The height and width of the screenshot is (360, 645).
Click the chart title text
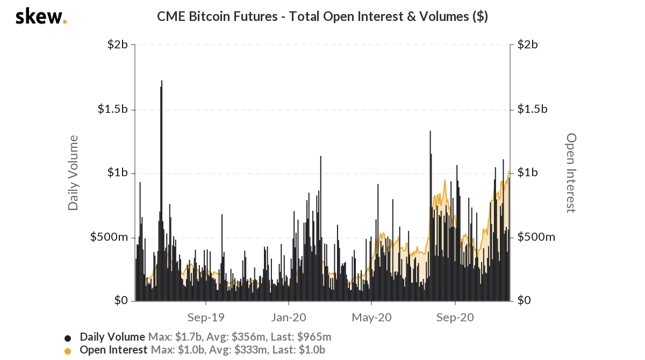322,17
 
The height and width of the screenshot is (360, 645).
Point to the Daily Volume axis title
73,172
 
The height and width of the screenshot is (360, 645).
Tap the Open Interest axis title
571,172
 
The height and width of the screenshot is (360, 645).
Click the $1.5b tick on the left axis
112,109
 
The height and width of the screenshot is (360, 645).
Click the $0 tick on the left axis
120,301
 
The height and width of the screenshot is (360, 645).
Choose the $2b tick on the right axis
528,45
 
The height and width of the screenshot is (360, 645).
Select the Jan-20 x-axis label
289,318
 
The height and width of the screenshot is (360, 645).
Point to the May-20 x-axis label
371,318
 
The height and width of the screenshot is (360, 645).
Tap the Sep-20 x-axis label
455,318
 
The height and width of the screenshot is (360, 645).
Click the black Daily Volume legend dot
68,338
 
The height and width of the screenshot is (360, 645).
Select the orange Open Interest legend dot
68,351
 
